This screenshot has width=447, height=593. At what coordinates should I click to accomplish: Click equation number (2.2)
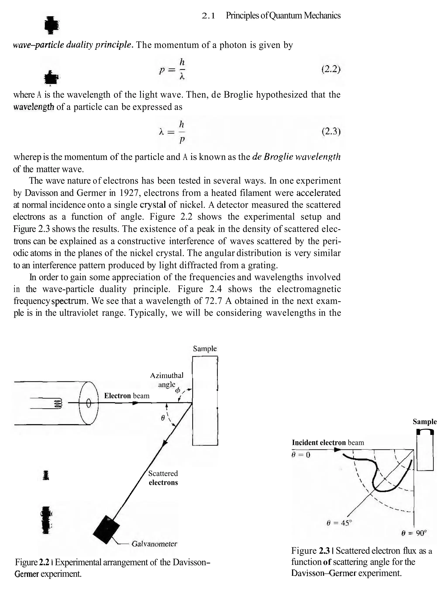point(331,70)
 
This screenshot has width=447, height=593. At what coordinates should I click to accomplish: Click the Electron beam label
point(127,396)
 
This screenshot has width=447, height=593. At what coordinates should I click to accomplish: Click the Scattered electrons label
point(163,478)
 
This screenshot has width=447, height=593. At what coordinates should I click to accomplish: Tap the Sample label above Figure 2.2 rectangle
point(205,349)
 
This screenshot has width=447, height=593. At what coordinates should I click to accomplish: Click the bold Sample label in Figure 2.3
point(425,422)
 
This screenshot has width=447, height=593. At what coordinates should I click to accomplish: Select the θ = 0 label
point(301,455)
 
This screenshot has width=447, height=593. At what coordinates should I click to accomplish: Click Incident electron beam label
point(328,443)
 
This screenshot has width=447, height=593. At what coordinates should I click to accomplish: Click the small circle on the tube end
point(89,403)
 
